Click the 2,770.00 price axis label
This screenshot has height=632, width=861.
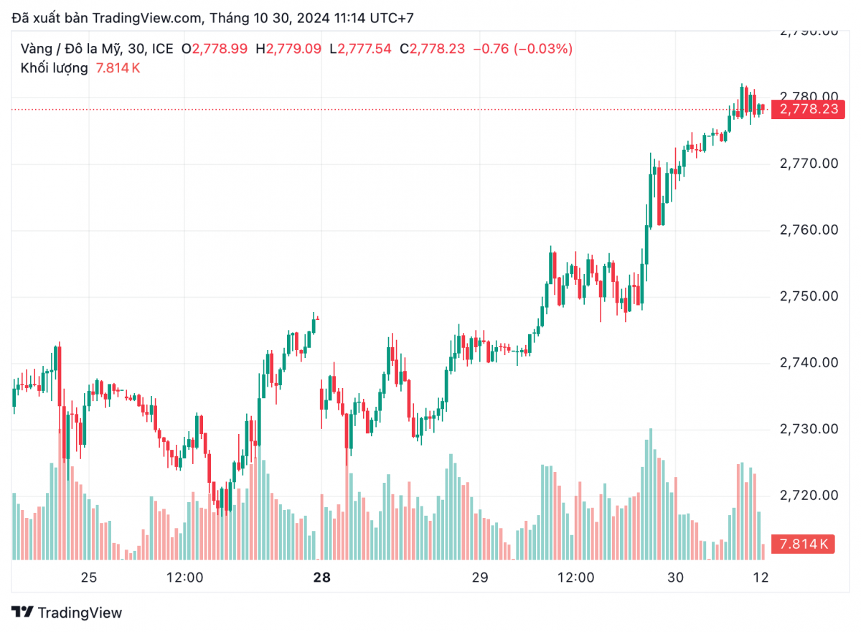[809, 164]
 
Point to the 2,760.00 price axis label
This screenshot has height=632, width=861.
[809, 230]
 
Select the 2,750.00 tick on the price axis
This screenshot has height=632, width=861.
[809, 296]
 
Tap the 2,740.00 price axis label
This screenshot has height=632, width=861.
[809, 363]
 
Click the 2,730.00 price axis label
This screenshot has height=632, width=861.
[809, 429]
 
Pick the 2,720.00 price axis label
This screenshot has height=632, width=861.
[809, 496]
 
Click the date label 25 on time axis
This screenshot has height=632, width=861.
[89, 577]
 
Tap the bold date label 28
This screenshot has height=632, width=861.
[321, 577]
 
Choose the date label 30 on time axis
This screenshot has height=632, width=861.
[674, 577]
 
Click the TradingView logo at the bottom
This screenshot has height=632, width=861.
[67, 613]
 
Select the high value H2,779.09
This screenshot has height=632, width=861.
[289, 49]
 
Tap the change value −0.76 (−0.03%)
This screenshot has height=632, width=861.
[527, 49]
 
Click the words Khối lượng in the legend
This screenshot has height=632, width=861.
[55, 68]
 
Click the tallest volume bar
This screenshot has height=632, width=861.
[651, 495]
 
